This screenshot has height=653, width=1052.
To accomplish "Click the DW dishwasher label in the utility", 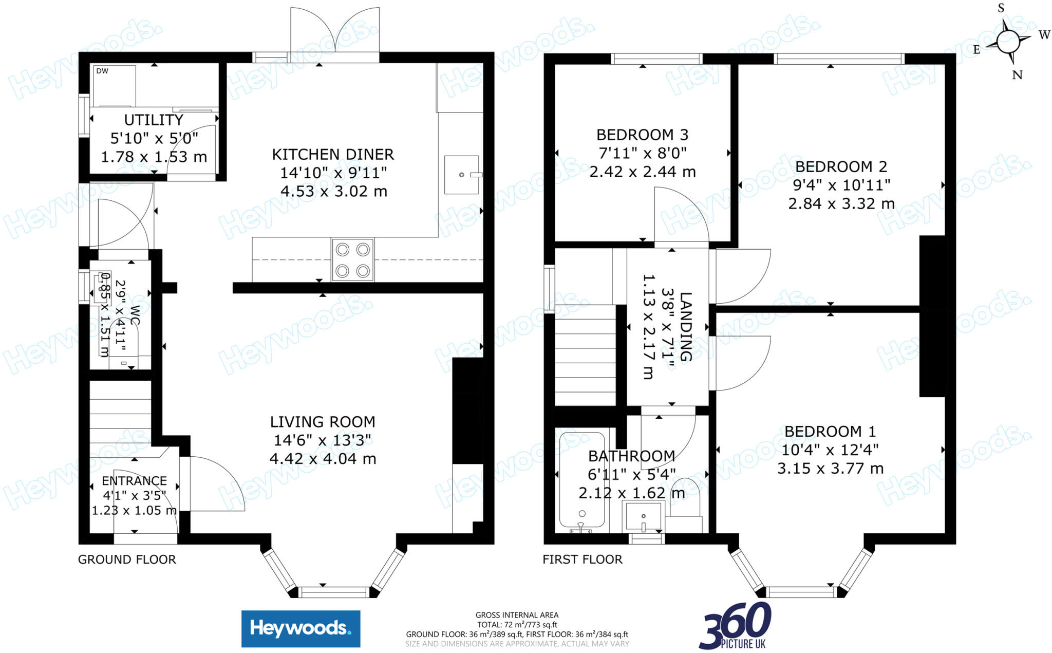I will [102, 71].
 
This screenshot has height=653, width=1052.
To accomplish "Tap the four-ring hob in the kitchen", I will [352, 260].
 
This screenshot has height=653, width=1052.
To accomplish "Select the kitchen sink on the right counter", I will [461, 175].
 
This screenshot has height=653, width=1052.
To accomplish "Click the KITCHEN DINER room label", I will [333, 154].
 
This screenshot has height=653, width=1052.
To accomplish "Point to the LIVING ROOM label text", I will [323, 422].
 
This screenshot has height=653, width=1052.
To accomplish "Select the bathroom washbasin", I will [643, 517].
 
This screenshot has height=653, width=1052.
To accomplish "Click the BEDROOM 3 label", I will [642, 135].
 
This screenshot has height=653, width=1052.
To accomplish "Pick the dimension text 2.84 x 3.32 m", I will [841, 204].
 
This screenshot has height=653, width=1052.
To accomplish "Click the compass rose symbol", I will [1008, 41].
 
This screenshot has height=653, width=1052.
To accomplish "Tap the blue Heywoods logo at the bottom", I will [300, 628].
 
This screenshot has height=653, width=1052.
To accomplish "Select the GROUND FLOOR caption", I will [127, 559].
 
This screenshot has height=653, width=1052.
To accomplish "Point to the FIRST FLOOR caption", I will [583, 559].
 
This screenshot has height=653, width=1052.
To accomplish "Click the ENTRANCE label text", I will [134, 481].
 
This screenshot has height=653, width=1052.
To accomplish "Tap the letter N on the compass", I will [1017, 75].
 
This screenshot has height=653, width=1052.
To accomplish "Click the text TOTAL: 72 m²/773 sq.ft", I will [517, 625].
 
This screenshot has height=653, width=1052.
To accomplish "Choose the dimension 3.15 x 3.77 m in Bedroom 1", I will [830, 469].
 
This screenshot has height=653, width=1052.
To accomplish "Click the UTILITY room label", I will [154, 120].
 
